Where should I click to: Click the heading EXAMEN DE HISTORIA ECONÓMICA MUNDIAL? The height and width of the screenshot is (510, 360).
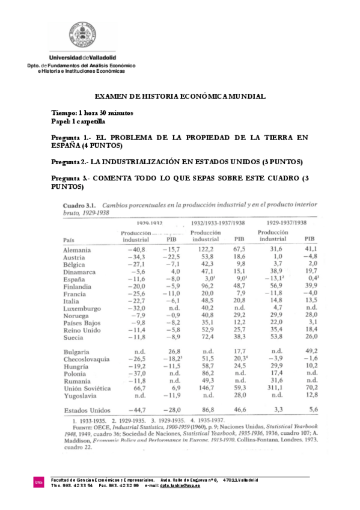click(180, 96)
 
